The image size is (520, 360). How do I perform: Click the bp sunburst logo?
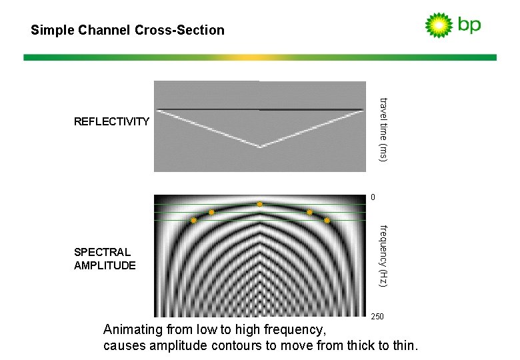pyautogui.click(x=439, y=25)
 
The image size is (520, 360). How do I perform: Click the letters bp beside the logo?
pyautogui.click(x=469, y=25)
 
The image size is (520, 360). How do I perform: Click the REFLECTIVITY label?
pyautogui.click(x=111, y=121)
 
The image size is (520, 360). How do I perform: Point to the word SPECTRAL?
pyautogui.click(x=102, y=252)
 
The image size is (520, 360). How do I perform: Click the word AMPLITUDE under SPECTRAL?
pyautogui.click(x=105, y=265)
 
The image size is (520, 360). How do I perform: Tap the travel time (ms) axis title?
pyautogui.click(x=383, y=129)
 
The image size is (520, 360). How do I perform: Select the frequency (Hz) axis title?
pyautogui.click(x=383, y=257)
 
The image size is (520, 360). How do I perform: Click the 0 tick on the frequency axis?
pyautogui.click(x=373, y=197)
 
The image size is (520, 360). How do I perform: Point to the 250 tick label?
pyautogui.click(x=377, y=317)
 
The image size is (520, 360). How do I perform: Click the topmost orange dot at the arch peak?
pyautogui.click(x=260, y=204)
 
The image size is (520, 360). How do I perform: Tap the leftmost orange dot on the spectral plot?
pyautogui.click(x=193, y=220)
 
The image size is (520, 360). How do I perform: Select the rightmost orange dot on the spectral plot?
pyautogui.click(x=327, y=220)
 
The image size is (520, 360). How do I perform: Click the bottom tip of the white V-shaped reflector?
pyautogui.click(x=259, y=147)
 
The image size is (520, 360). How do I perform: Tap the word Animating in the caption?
pyautogui.click(x=133, y=330)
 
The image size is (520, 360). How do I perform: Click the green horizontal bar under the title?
pyautogui.click(x=260, y=58)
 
